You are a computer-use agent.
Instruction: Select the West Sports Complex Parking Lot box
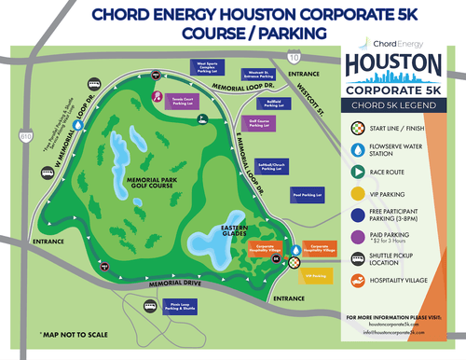pos(210,67)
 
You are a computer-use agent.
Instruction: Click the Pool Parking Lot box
pos(307,195)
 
